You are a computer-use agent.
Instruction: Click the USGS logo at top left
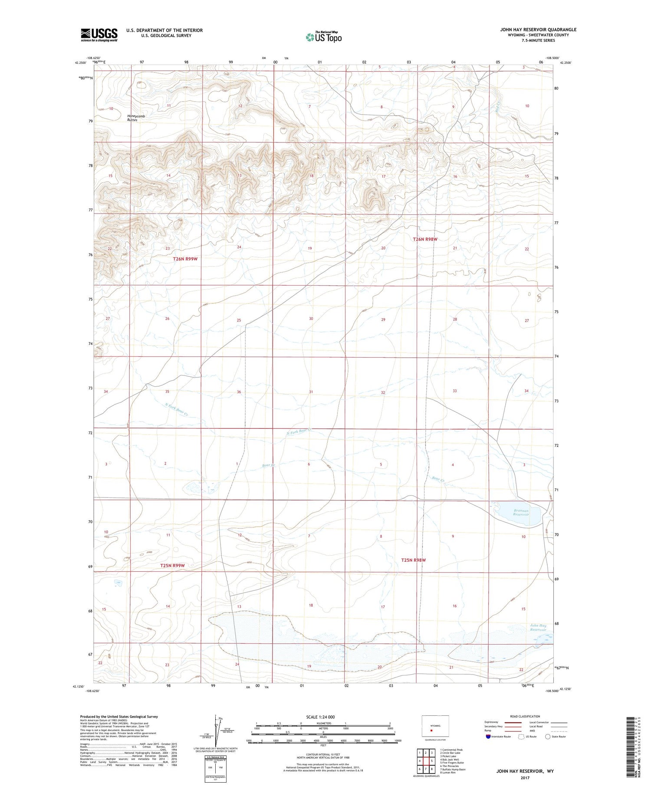click(x=99, y=35)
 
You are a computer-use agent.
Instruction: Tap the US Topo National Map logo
click(x=323, y=37)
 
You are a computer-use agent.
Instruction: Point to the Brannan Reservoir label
click(x=521, y=512)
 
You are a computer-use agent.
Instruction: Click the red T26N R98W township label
click(x=425, y=239)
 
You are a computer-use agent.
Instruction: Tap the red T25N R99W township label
click(x=172, y=566)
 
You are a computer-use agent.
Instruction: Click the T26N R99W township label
click(x=185, y=259)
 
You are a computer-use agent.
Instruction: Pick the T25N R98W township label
click(x=413, y=560)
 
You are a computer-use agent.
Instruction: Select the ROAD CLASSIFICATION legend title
click(x=525, y=716)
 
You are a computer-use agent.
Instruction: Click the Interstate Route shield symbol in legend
click(x=488, y=737)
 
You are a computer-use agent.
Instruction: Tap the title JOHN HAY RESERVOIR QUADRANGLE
click(x=538, y=30)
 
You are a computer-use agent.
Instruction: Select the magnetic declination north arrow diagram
click(x=216, y=732)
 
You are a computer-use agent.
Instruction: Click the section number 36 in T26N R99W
click(x=239, y=392)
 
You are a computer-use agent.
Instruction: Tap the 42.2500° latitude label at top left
click(x=80, y=63)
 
